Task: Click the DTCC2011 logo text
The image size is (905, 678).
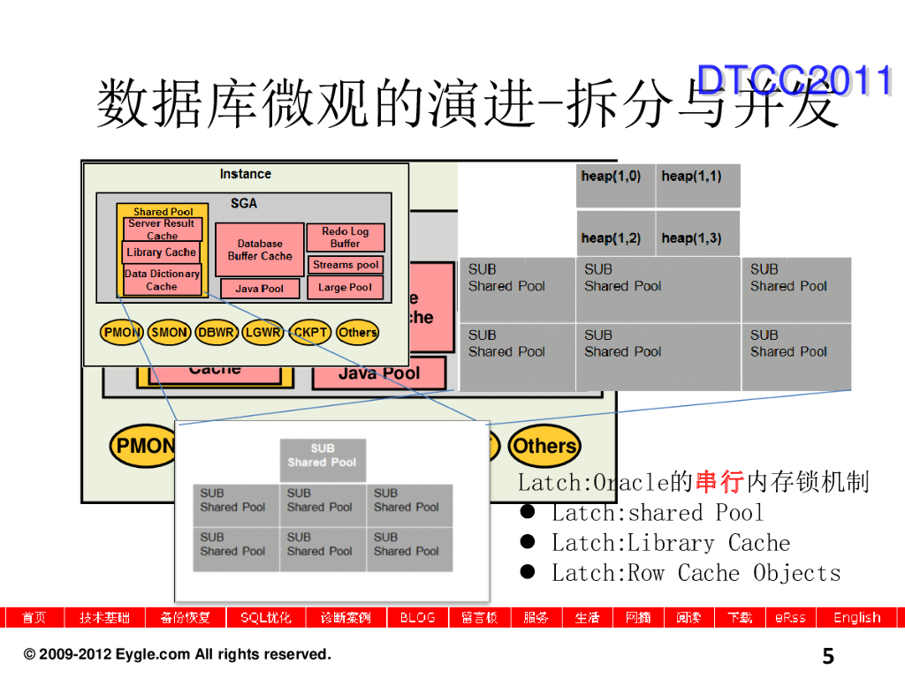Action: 794,80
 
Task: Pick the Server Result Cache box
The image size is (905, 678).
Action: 163,230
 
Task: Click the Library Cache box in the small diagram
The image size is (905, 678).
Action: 162,252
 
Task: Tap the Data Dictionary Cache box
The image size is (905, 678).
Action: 162,280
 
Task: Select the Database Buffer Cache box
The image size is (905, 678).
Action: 259,249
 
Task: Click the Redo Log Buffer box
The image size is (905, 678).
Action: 345,237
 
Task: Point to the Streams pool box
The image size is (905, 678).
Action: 346,264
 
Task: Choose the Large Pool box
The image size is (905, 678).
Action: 346,287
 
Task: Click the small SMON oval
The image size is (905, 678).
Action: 169,333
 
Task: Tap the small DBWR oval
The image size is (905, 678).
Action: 216,333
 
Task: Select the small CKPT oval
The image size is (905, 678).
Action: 310,333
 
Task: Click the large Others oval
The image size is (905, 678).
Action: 544,446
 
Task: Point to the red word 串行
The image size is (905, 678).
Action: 719,482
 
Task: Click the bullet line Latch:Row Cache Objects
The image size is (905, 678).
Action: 696,573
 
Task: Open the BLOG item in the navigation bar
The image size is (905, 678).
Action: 417,617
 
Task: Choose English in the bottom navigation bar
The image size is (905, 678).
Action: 856,617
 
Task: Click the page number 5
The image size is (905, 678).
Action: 828,656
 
